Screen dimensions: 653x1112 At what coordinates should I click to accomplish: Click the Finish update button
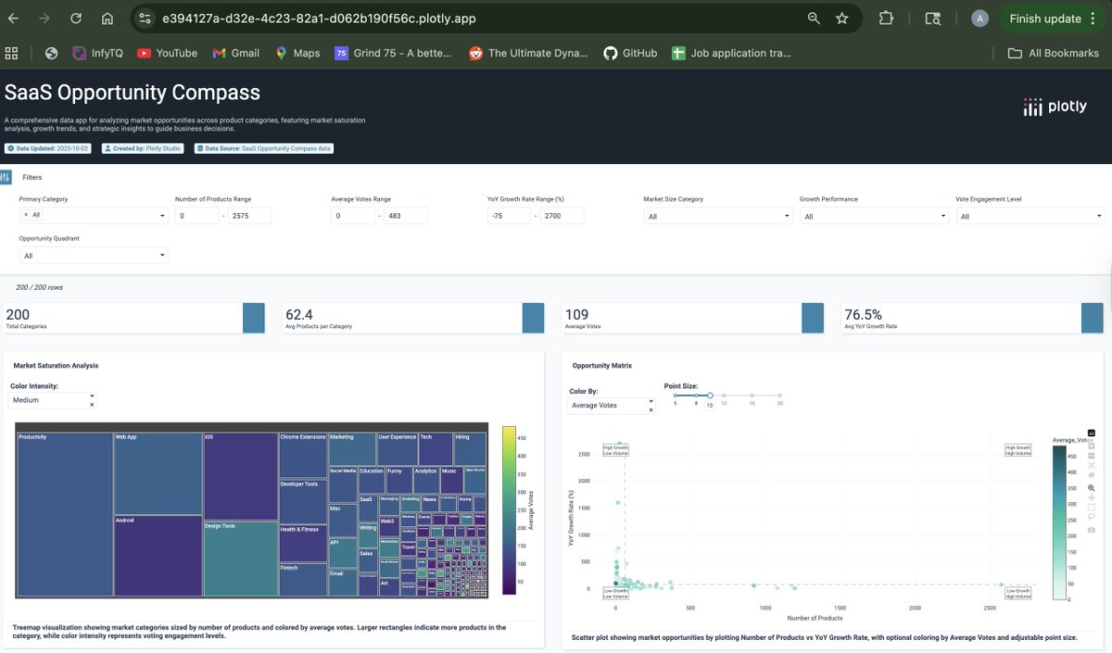point(1044,19)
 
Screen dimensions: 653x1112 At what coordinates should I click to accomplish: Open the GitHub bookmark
point(630,53)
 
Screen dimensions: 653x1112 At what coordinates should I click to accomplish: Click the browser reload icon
point(76,19)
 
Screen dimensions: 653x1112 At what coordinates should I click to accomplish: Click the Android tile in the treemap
point(158,556)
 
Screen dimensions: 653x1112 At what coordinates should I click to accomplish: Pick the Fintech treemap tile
point(302,579)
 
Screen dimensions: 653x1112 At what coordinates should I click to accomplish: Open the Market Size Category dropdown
point(718,216)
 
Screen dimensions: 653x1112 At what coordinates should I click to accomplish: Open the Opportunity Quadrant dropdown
point(94,256)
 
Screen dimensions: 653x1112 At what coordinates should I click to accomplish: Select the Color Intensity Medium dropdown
point(52,401)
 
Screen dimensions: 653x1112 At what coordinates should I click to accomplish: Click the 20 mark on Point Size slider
point(780,396)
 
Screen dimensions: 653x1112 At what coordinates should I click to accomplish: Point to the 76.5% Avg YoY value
point(863,315)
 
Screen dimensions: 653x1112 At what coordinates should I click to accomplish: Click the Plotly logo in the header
point(1055,107)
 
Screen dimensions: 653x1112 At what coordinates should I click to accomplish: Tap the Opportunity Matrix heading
point(601,366)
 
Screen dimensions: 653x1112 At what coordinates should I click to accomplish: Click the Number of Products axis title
point(815,618)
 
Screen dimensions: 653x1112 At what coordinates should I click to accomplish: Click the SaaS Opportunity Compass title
point(133,93)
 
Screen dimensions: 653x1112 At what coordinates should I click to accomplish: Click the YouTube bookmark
point(167,53)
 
